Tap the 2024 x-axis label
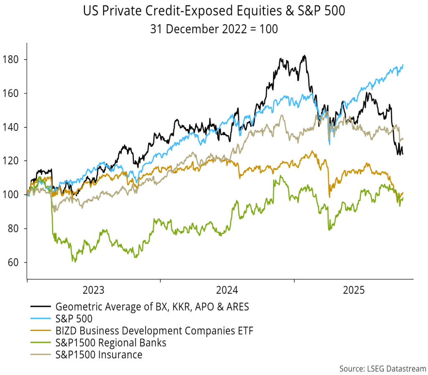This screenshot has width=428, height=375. coord(227,290)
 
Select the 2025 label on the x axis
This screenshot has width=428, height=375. coord(354,290)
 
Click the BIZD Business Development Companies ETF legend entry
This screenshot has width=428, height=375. coord(154,332)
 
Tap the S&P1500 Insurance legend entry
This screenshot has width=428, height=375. coord(99,355)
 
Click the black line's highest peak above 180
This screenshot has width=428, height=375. coord(304,56)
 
